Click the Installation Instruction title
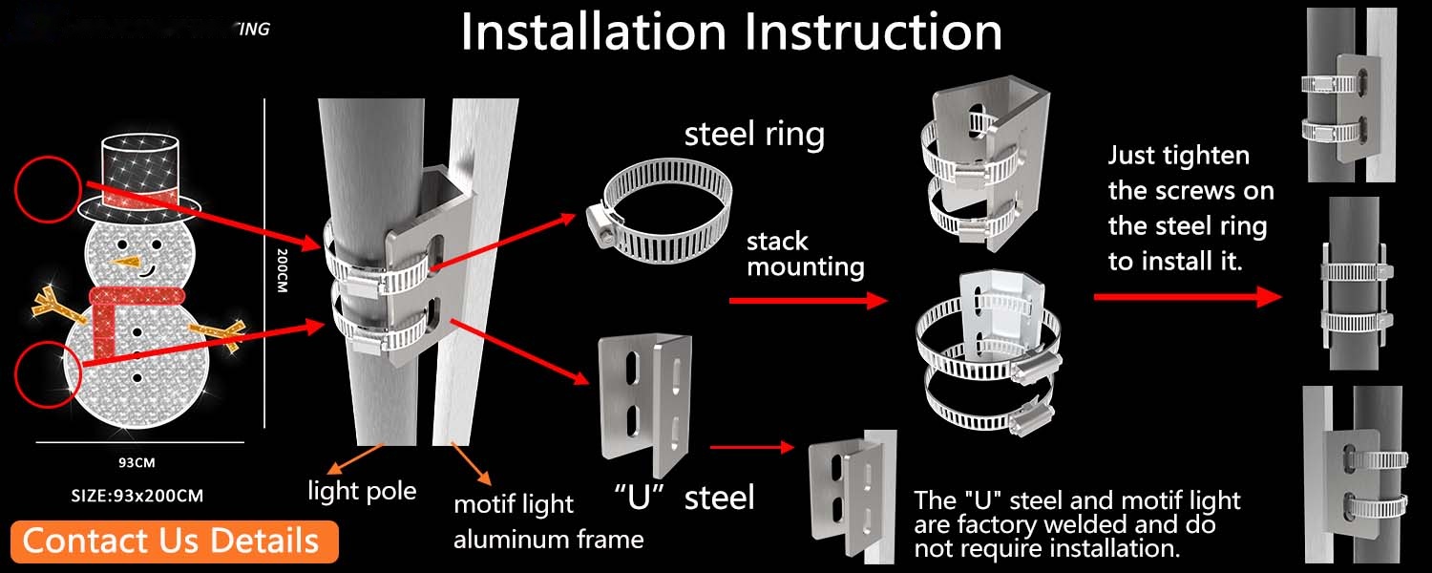tap(731, 32)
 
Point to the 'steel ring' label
tap(754, 134)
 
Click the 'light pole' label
tap(362, 491)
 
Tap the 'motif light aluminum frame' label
tap(548, 520)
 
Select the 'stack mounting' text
tap(805, 253)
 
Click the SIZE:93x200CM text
tap(137, 495)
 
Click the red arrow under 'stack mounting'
tap(807, 301)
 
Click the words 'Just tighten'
tap(1178, 156)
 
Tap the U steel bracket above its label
tap(643, 406)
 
